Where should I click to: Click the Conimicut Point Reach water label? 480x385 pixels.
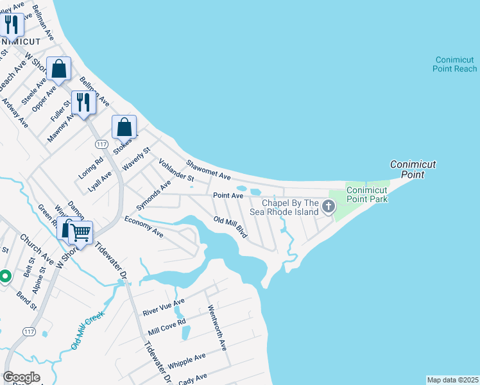pos(455,64)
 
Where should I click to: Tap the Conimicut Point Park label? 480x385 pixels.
pos(367,194)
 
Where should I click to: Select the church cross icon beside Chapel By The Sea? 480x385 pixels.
pos(329,207)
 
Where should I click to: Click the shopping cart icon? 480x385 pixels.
pos(80,232)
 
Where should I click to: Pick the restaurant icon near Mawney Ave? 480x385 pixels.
pos(83,102)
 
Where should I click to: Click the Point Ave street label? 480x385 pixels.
pos(228,195)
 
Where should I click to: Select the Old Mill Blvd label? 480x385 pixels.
pos(230,226)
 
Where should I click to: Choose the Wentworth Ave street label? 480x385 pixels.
pos(217,327)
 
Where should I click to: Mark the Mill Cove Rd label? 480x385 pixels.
pos(166,327)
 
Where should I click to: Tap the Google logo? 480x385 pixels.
pos(21,377)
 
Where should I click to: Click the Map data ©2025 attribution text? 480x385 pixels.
pos(452,380)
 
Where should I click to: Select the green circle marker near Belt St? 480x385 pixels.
pos(5,277)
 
